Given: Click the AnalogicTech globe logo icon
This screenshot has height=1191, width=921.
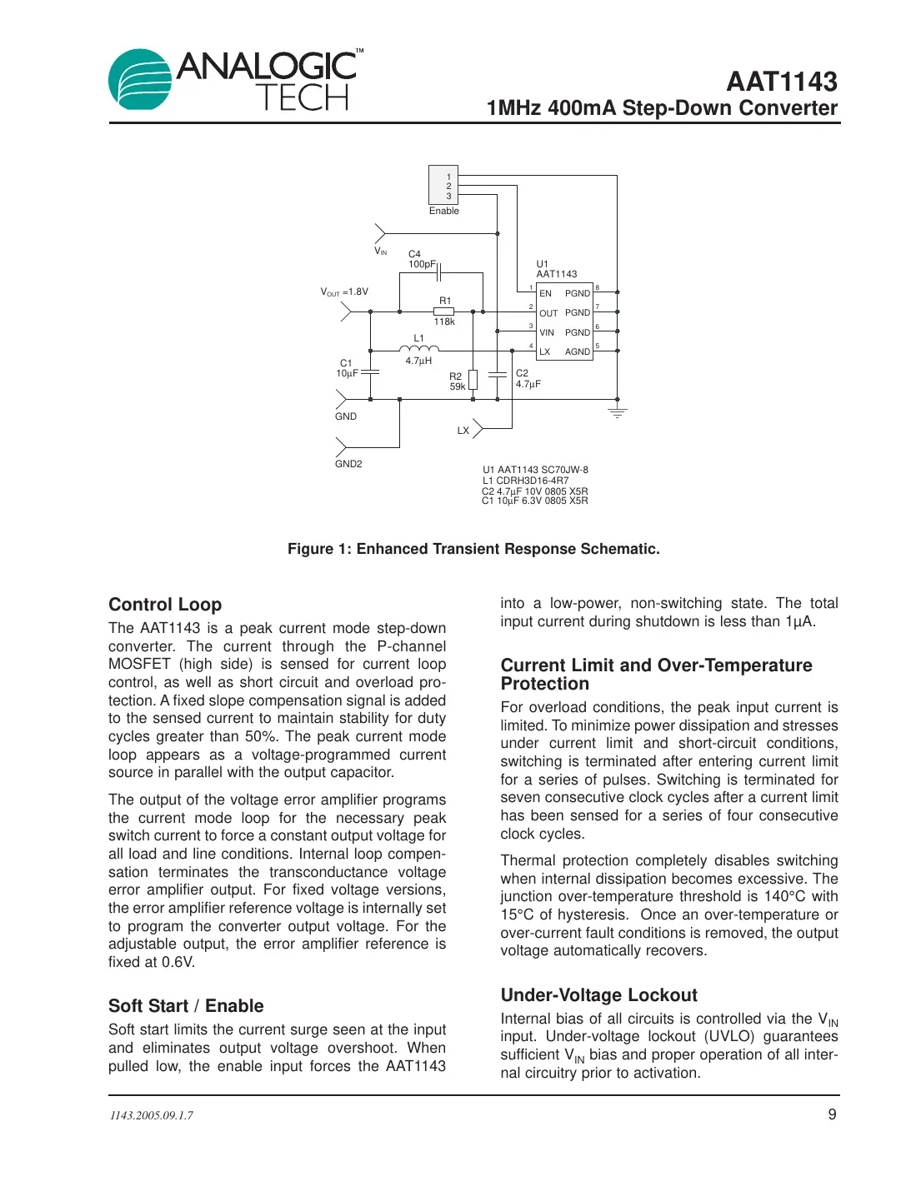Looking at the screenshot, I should click(140, 79).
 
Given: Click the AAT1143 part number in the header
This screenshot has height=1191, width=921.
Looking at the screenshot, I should click(781, 82).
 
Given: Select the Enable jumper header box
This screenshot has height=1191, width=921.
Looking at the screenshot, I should click(443, 185).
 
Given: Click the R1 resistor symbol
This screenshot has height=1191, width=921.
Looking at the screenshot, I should click(443, 311).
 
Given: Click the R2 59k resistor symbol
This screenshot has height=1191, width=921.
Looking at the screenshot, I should click(473, 381).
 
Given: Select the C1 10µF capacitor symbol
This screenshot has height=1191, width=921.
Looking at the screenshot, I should click(370, 372).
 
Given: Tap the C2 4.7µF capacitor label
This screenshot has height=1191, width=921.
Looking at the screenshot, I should click(528, 379).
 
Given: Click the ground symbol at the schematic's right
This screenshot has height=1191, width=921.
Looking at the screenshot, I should click(617, 411).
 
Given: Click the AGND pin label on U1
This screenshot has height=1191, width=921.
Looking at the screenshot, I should click(578, 351).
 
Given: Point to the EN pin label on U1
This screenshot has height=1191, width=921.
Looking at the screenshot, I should click(545, 293).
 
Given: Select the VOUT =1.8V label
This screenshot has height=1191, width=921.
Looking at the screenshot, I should click(344, 292).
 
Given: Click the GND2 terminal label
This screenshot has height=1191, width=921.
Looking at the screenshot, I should click(348, 464).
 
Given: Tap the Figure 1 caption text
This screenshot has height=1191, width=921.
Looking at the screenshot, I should click(473, 549).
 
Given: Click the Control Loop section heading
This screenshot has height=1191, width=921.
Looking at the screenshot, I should click(165, 605).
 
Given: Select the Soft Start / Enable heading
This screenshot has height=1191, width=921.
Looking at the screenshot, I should click(186, 1006).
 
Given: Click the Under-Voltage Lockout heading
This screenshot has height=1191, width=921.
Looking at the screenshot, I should click(598, 995).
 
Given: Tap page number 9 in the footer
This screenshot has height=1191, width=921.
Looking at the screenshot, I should click(832, 1114).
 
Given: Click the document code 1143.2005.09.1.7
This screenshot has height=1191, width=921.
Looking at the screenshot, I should click(151, 1115).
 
